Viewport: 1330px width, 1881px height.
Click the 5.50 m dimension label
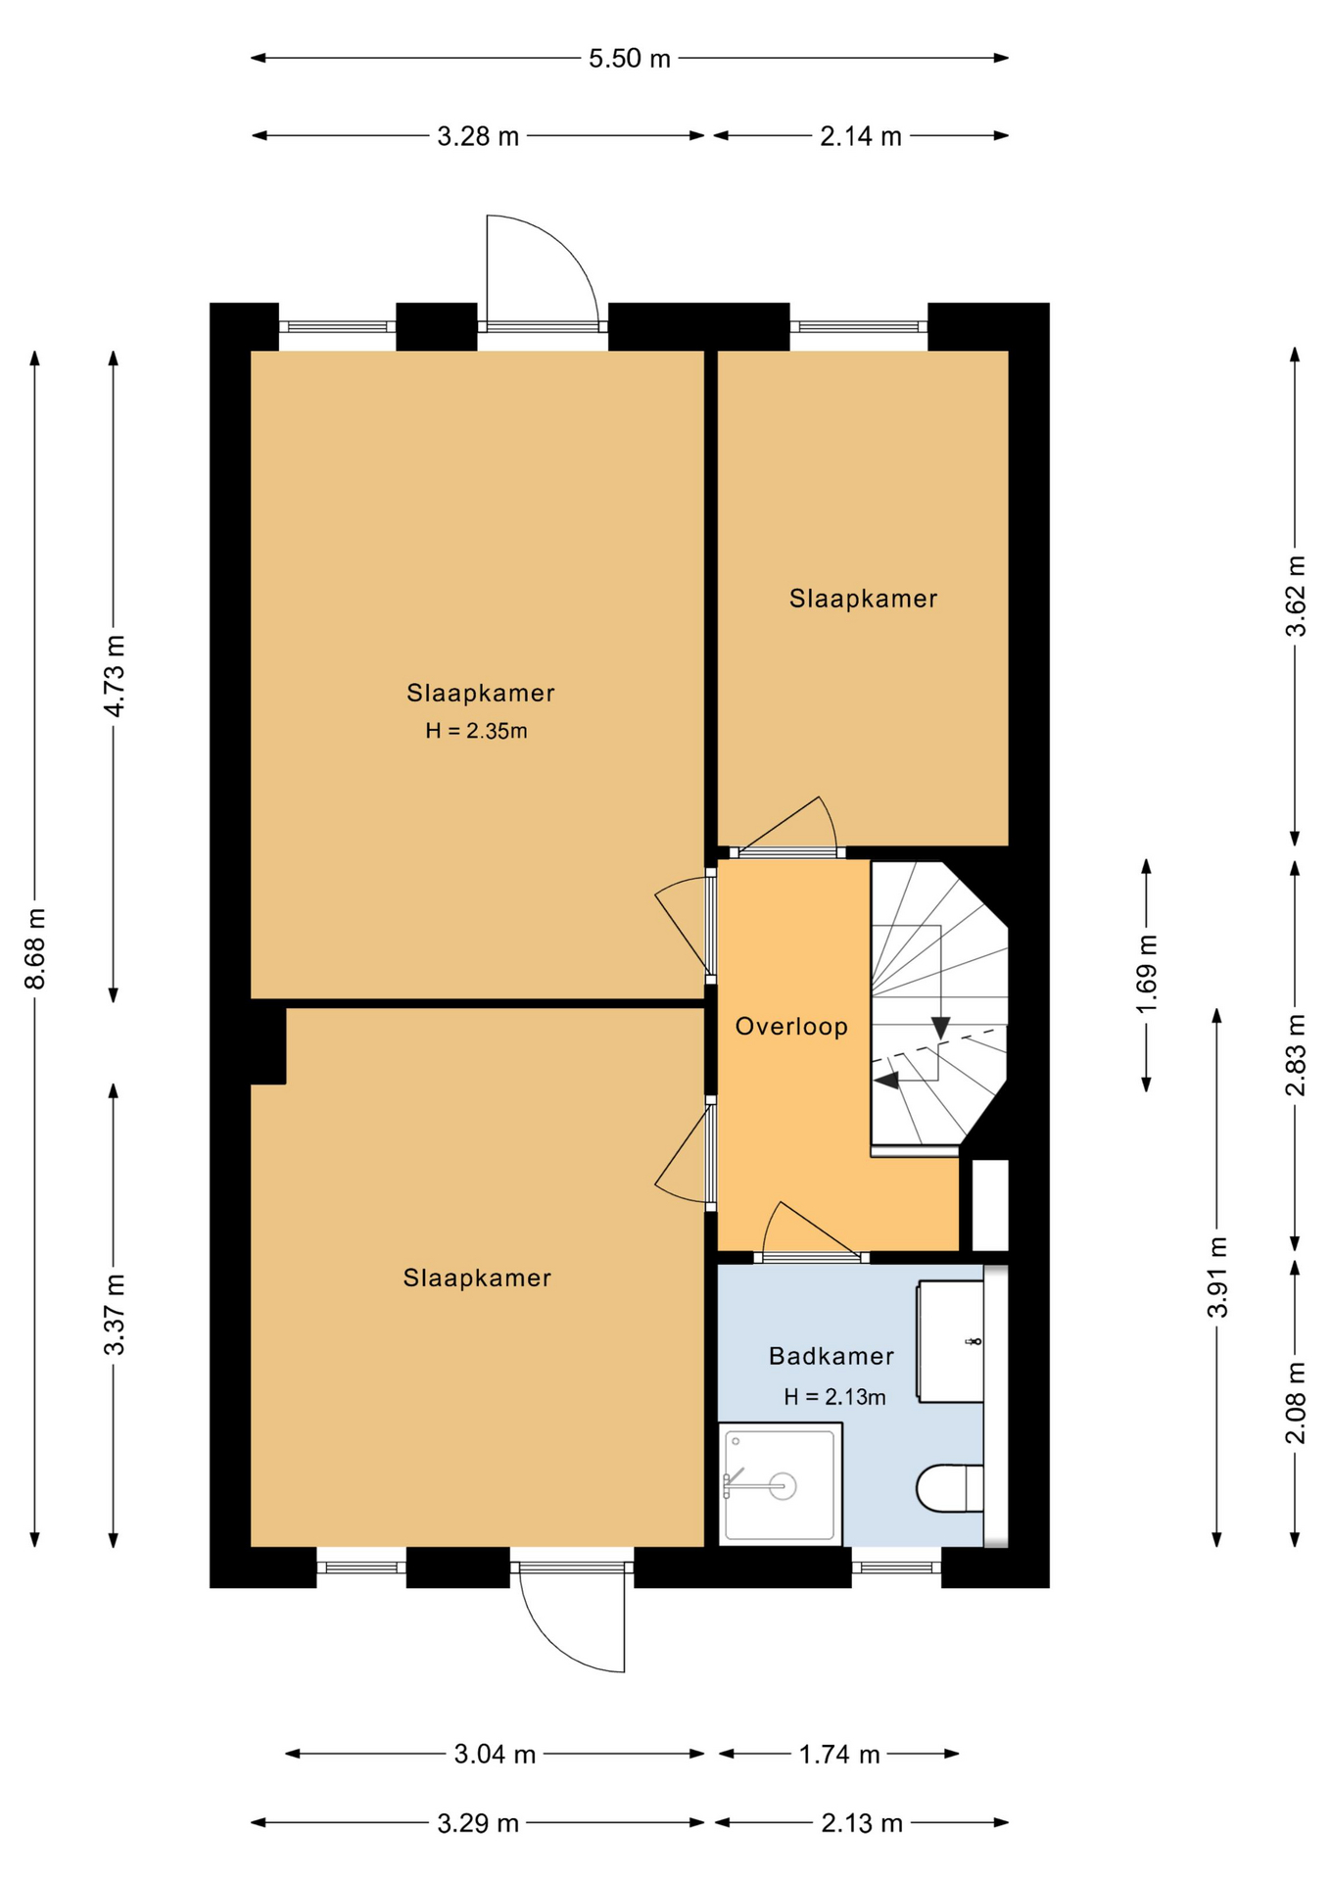[629, 59]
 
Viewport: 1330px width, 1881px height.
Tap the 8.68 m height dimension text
[35, 948]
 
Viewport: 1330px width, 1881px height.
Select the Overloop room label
[791, 1026]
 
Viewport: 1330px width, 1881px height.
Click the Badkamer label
[831, 1356]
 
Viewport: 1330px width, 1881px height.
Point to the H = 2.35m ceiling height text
[476, 731]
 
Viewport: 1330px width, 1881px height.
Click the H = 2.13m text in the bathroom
[834, 1397]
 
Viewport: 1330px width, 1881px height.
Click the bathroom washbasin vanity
[949, 1341]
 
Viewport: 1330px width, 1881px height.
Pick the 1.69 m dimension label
[1147, 975]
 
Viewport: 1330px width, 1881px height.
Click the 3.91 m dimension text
[1217, 1278]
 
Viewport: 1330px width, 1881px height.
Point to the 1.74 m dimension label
[839, 1754]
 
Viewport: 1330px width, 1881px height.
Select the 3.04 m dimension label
[495, 1754]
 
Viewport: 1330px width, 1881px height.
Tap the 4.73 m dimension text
[115, 676]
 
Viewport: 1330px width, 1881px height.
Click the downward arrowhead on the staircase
[940, 1028]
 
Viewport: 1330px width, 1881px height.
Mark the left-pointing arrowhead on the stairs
[886, 1081]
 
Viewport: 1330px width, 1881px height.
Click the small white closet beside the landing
[990, 1205]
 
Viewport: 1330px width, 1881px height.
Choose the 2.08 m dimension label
[1296, 1403]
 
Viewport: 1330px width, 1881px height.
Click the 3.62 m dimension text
[1296, 597]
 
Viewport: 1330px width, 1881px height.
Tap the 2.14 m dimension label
[861, 136]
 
